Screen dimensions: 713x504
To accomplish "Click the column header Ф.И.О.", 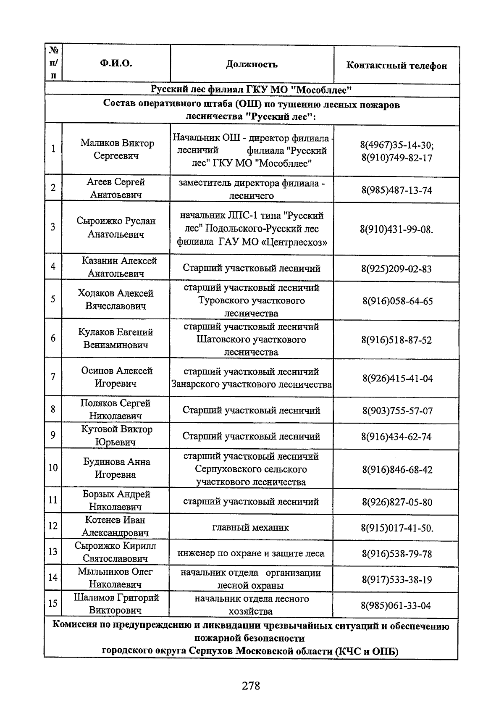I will coord(116,64).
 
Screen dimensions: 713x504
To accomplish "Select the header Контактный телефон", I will coord(396,66).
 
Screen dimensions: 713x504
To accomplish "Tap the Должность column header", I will coord(252,64).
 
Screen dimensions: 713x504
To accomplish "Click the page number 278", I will coord(251,686).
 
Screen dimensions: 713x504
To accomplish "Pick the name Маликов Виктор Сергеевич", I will coord(117,149).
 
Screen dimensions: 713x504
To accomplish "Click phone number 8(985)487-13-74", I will coord(396,190).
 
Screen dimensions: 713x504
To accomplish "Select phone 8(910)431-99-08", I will coord(396,229).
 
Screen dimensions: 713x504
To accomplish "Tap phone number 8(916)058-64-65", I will coord(397,301).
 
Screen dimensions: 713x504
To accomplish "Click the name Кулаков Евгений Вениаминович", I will coord(116,338).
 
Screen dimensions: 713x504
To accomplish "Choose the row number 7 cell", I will coord(53,377).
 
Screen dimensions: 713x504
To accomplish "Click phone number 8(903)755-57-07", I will coord(397,410).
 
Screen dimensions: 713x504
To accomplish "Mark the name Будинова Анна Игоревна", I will coord(116,468).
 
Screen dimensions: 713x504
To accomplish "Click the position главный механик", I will coord(251,527).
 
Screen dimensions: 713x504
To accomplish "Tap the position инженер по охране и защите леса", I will coord(251,553).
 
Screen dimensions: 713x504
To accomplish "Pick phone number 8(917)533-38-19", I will coord(396,580).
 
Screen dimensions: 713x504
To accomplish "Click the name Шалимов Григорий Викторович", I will coord(116,603).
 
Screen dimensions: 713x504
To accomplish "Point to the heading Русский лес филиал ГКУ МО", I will coord(251,89).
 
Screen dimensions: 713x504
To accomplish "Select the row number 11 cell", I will coord(53,500).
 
